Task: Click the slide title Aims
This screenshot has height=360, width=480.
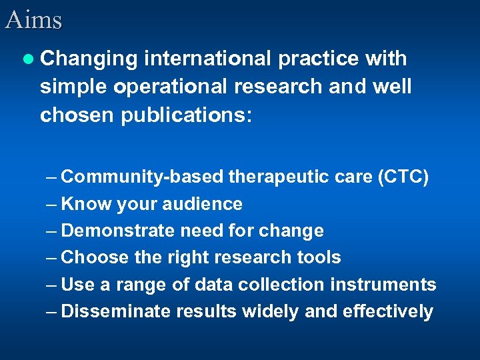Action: coord(33,19)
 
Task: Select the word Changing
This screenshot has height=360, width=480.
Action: coord(89,59)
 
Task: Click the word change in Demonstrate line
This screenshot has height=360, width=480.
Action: coord(290,231)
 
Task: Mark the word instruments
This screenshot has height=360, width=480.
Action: coord(383,285)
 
